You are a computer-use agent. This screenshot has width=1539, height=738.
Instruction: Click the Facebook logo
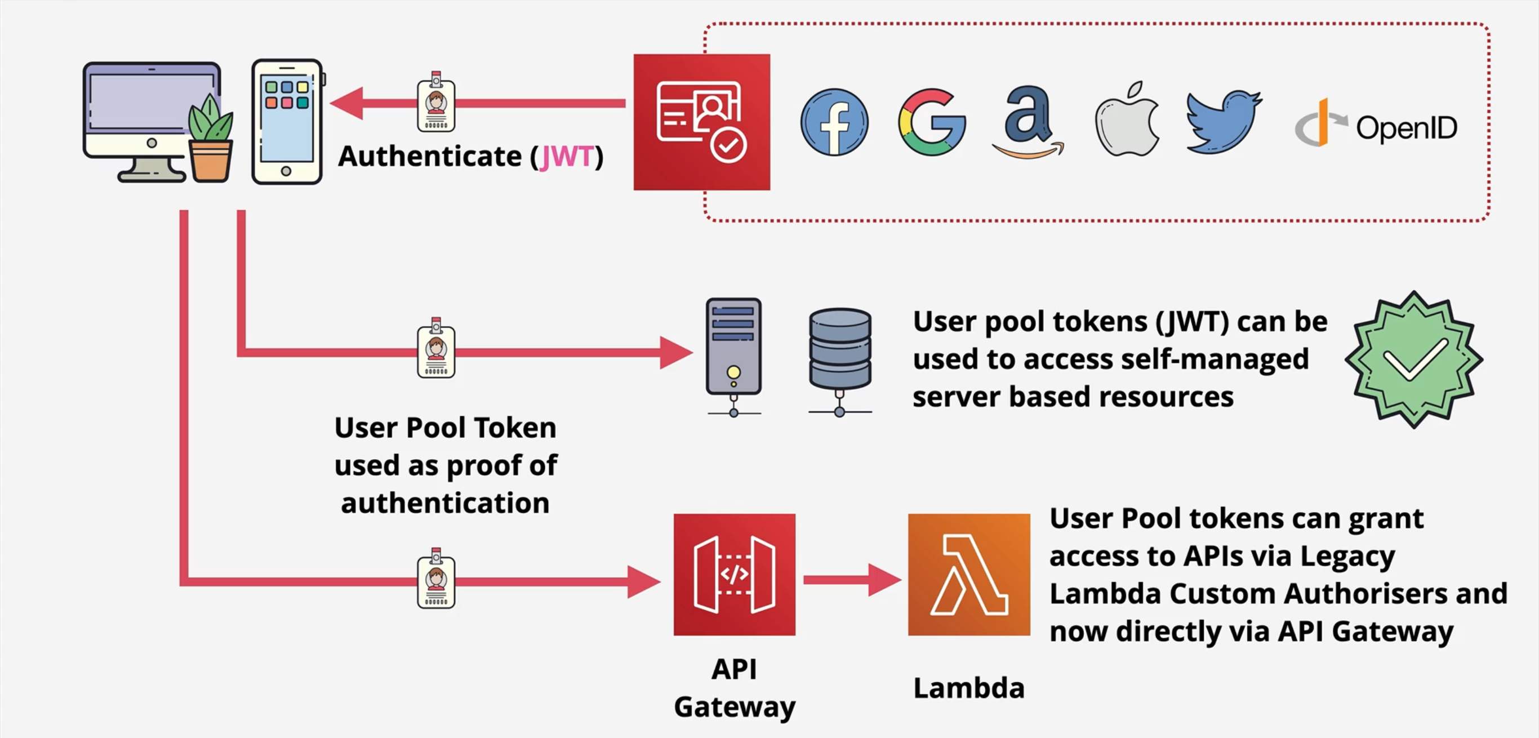834,122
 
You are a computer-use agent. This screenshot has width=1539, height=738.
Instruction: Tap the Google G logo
931,122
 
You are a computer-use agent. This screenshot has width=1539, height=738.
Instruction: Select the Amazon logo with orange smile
1028,122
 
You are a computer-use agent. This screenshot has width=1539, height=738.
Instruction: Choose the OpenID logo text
1405,128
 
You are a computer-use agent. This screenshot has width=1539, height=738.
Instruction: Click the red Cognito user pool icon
701,122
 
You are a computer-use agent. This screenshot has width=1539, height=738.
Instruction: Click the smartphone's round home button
286,171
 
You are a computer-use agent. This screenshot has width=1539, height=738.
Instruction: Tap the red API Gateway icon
734,574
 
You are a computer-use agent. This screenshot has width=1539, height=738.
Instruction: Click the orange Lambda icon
968,574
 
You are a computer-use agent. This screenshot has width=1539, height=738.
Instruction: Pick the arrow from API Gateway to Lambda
851,580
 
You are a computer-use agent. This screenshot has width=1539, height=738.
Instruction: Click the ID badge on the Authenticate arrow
435,103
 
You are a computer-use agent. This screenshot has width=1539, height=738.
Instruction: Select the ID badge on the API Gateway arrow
435,580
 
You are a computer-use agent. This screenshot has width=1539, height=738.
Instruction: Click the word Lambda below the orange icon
968,688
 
